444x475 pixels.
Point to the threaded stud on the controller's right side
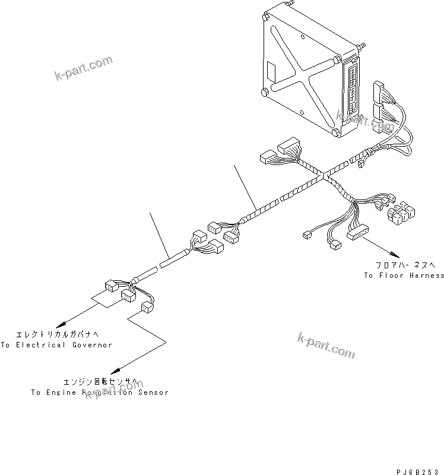[360, 45]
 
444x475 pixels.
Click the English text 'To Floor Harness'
[404, 275]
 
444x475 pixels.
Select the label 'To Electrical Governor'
[56, 345]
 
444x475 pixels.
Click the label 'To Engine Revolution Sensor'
[100, 392]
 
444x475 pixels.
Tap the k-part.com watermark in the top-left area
[83, 70]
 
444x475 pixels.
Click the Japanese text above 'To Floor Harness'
[404, 265]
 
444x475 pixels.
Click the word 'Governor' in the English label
[91, 345]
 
